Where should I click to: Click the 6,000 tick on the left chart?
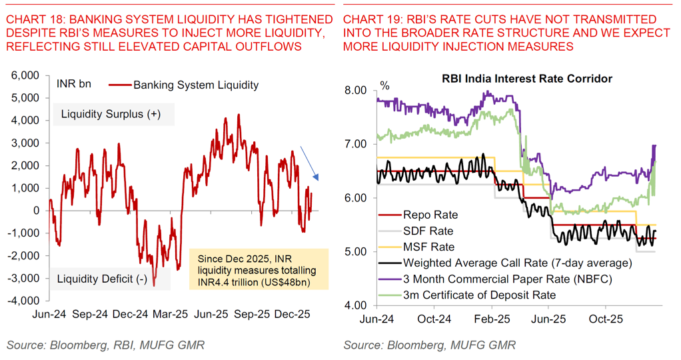tap(26, 75)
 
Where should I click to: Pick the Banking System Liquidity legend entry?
tap(184, 85)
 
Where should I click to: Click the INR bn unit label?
tap(74, 85)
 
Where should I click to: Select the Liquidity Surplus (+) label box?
tap(111, 114)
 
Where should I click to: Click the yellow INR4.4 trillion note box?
tap(258, 269)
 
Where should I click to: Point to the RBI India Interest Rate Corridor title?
tap(527, 79)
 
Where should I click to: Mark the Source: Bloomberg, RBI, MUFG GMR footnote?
tap(105, 345)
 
